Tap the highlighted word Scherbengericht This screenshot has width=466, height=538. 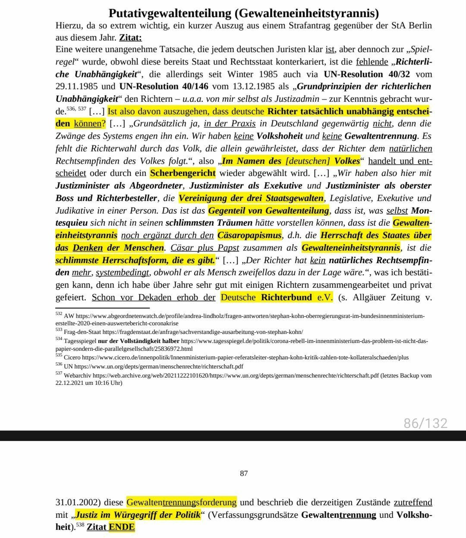[183, 173]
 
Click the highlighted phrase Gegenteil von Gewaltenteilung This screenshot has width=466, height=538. [268, 211]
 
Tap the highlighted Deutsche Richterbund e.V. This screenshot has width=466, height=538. [277, 298]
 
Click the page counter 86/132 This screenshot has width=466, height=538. [425, 423]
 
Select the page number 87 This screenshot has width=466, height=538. [244, 474]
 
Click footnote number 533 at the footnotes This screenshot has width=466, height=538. [59, 330]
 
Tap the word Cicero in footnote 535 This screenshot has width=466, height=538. [72, 358]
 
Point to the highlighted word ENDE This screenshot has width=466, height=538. [122, 527]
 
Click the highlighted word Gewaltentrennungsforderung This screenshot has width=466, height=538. [181, 502]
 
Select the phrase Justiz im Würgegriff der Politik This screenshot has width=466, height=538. [138, 515]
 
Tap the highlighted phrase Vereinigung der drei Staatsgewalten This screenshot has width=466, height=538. [251, 198]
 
